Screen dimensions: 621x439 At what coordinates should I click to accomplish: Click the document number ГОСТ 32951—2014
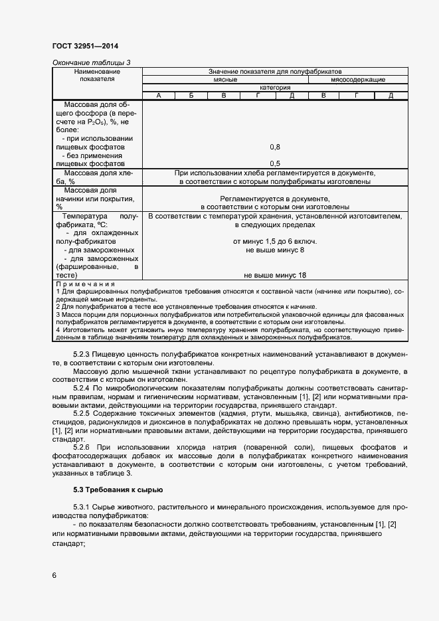click(x=85, y=46)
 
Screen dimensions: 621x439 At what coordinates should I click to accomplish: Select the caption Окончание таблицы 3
click(x=91, y=62)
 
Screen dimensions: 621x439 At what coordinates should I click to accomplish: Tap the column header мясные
click(x=225, y=80)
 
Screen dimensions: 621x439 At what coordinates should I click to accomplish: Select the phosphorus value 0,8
click(x=274, y=147)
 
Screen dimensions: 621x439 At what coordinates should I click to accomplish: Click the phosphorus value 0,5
click(x=274, y=163)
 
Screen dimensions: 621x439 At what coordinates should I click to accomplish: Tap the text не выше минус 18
click(x=274, y=275)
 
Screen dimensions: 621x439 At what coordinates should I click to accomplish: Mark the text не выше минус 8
click(x=274, y=250)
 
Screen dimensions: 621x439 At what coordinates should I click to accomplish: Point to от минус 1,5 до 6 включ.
click(x=274, y=241)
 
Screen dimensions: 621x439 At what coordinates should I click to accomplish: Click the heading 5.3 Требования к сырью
click(x=117, y=490)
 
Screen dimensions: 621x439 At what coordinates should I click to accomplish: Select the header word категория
click(x=274, y=88)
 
